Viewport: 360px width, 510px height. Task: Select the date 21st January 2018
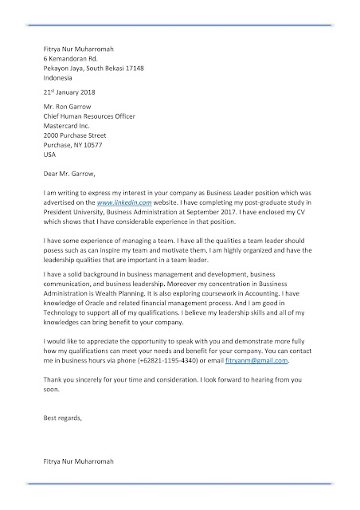click(69, 92)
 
